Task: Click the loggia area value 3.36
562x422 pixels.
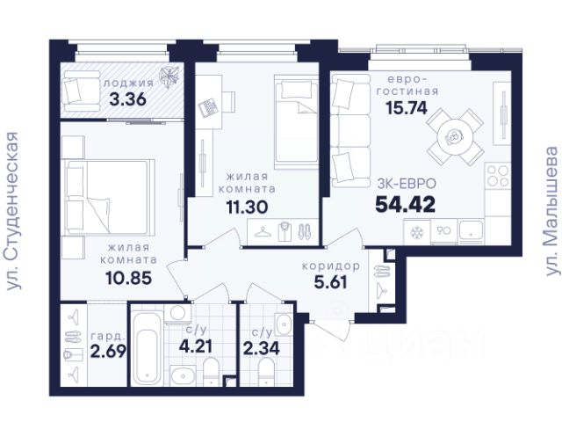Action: coord(128,99)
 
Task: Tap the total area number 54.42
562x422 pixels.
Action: coord(406,205)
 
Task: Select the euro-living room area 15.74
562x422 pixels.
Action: coord(407,107)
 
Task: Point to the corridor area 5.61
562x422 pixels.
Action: coord(330,282)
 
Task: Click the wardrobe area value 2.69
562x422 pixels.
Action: coord(108,351)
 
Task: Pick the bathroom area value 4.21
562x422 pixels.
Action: coord(196,346)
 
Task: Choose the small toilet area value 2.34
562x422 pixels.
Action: coord(262,348)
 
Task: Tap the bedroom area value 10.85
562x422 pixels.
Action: coord(129,278)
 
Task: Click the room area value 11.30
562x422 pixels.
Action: coord(247,207)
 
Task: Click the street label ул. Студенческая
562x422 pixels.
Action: coord(12,211)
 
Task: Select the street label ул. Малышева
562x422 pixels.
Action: coord(551,211)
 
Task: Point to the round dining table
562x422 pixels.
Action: coord(453,137)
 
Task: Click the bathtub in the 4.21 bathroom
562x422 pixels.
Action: coord(147,348)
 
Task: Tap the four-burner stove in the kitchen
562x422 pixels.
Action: coord(498,176)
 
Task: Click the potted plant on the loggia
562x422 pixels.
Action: coord(169,77)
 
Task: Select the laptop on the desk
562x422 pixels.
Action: coord(208,106)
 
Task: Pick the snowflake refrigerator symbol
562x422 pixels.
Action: coord(417,232)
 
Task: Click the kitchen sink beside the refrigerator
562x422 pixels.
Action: coord(471,231)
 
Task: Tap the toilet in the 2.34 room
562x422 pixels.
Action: coord(266,373)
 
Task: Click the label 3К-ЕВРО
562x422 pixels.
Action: coord(407,184)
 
